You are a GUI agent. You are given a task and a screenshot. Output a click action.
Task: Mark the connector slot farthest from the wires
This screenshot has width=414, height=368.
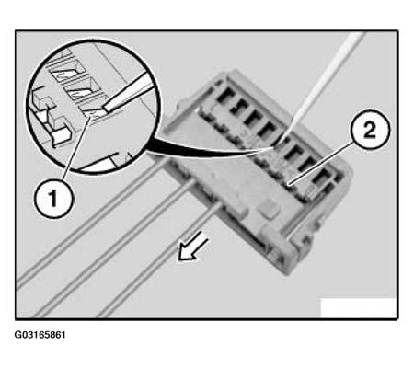[326, 176]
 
